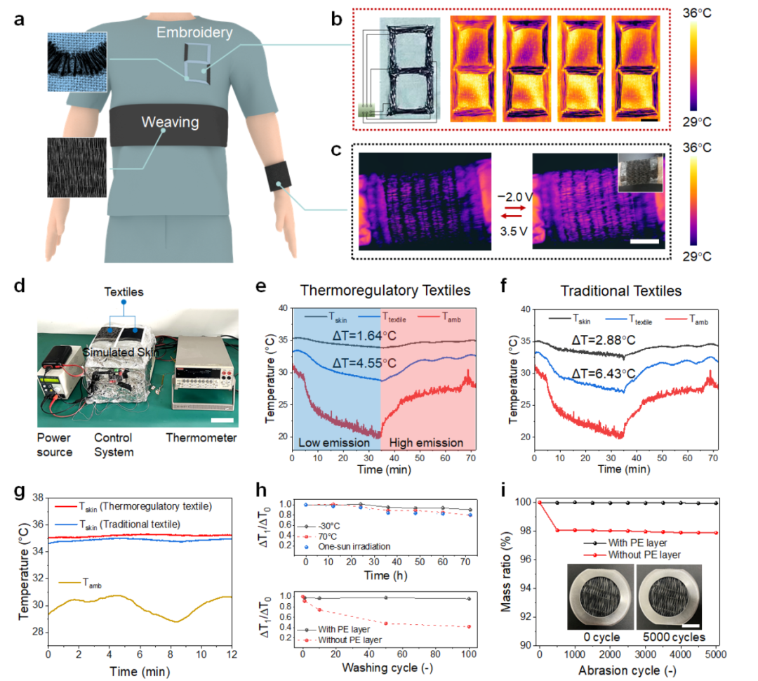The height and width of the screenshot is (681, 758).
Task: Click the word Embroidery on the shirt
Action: click(194, 32)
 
